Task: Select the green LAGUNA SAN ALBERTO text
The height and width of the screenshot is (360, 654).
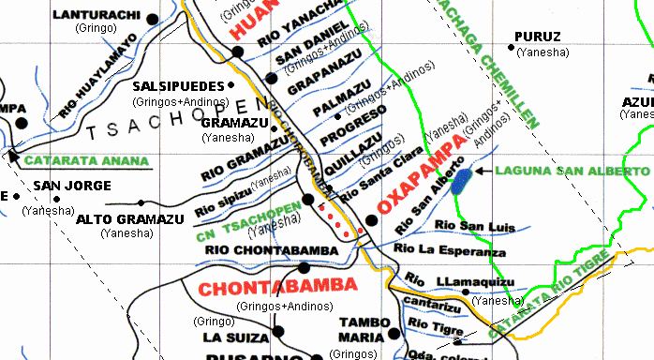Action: tap(572, 172)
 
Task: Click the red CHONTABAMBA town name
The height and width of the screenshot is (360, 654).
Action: tap(265, 285)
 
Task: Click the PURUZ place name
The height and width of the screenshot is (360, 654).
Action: tap(538, 37)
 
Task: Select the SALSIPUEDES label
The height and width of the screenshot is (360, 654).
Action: tap(180, 85)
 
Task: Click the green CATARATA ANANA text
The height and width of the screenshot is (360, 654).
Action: tap(87, 160)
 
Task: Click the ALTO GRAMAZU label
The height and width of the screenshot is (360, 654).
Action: tap(130, 219)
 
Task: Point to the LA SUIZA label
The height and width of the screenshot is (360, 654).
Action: tap(230, 337)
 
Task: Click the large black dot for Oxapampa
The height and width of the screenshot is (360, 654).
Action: tap(371, 220)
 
